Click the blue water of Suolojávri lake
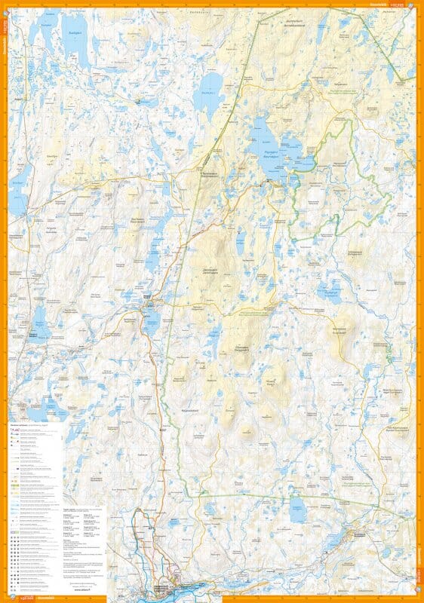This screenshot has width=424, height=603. point(75,44)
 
